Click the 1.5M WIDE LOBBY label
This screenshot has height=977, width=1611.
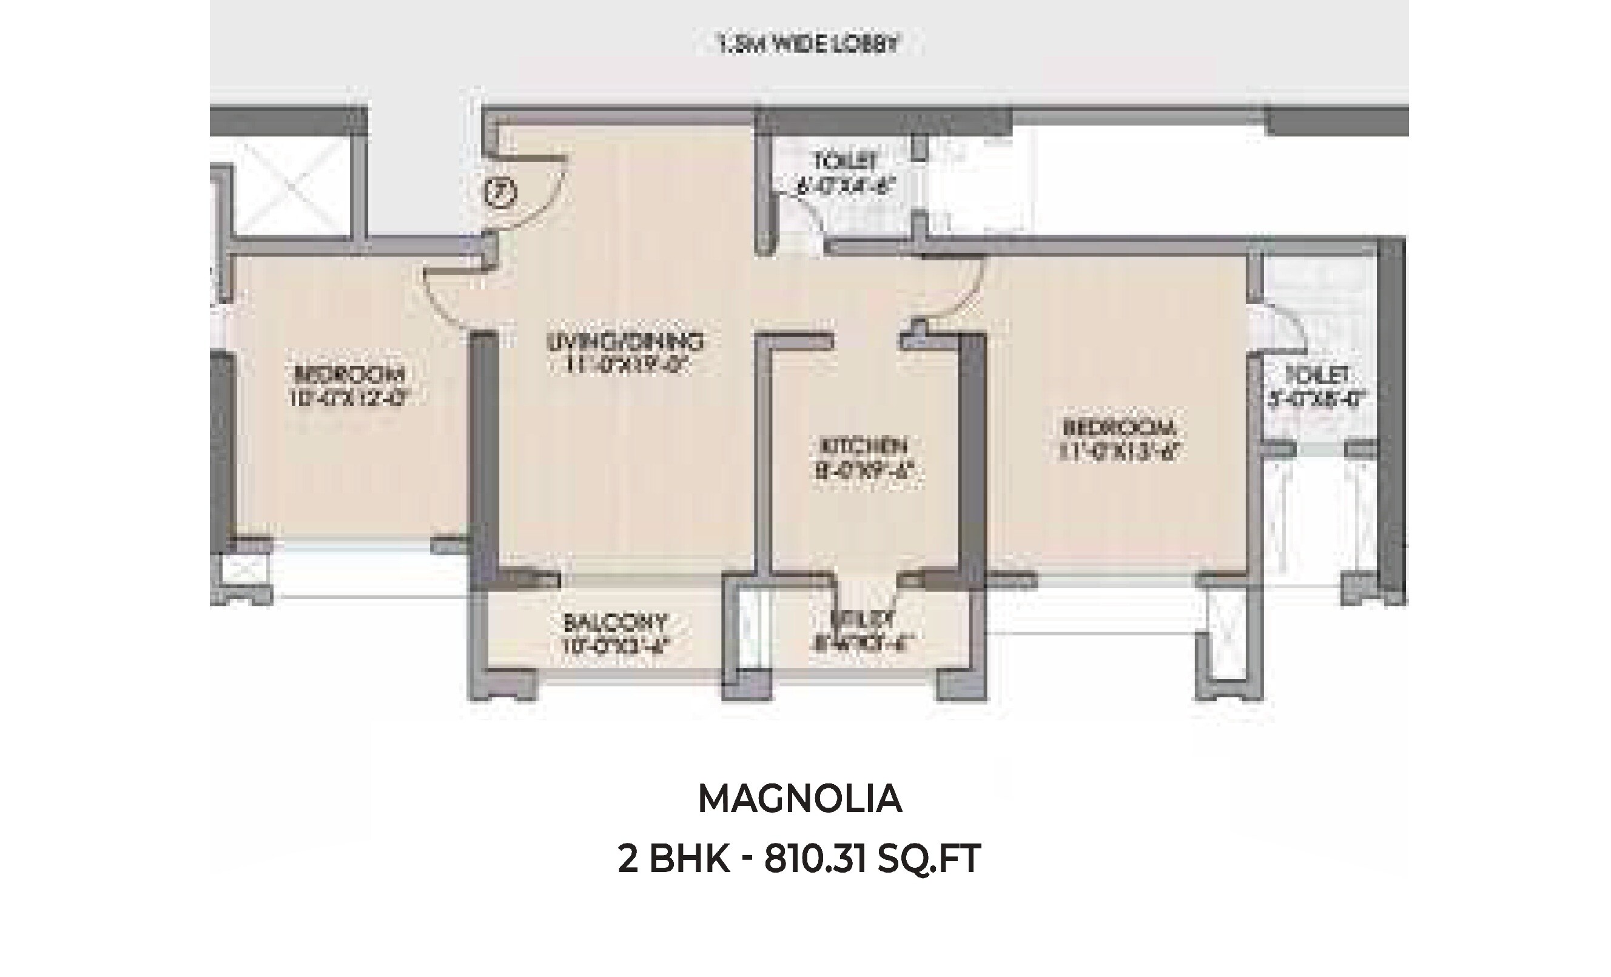(x=809, y=45)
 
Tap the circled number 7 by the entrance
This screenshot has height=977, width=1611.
(x=501, y=192)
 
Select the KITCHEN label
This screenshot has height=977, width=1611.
(x=863, y=447)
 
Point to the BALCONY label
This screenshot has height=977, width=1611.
(x=615, y=621)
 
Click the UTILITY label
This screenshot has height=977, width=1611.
(x=862, y=618)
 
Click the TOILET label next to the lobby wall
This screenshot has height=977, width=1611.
(x=845, y=160)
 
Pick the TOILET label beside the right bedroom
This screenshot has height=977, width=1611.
(x=1317, y=376)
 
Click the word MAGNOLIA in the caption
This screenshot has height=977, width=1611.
(x=799, y=799)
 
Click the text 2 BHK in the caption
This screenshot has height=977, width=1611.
(x=673, y=859)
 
